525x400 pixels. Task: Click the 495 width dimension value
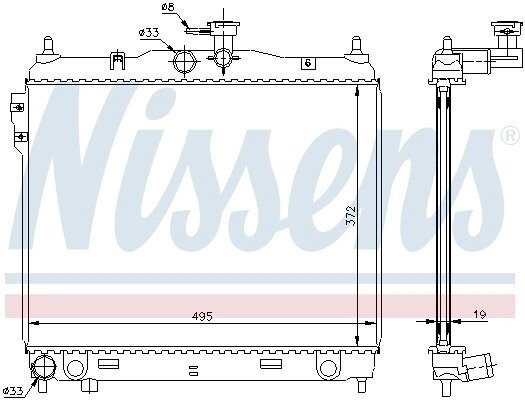203,316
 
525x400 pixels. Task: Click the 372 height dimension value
350,216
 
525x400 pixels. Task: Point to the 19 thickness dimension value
479,314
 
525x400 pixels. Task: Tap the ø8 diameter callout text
168,7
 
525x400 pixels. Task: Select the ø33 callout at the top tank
149,33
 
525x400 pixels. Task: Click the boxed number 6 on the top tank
308,63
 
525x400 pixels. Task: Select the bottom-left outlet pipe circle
41,367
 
